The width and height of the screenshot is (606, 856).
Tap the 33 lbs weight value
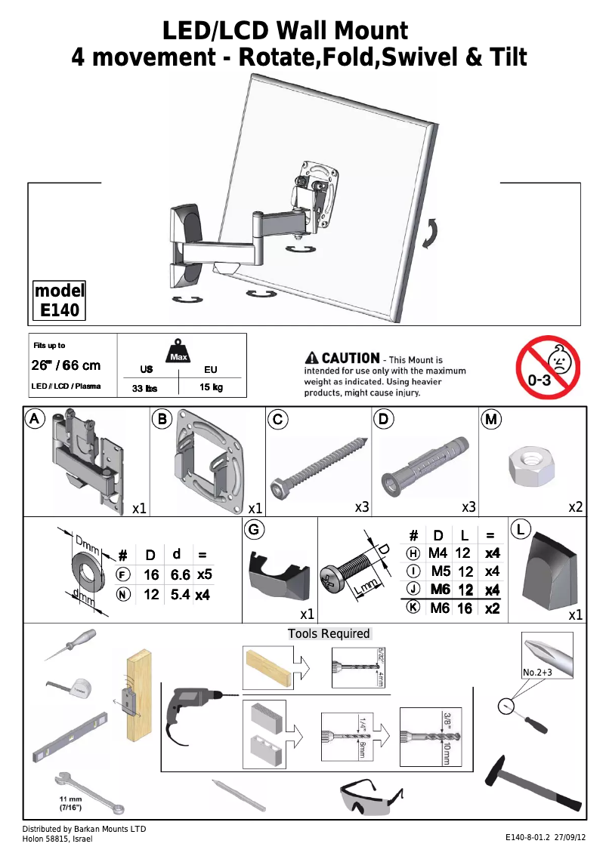(145, 388)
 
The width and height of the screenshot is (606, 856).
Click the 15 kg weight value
(211, 387)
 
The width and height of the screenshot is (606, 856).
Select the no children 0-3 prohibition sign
(547, 368)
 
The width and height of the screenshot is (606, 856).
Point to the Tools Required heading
(329, 633)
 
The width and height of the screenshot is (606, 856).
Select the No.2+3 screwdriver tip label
(540, 672)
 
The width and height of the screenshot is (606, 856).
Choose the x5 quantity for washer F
(203, 574)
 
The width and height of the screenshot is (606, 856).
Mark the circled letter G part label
(255, 530)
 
